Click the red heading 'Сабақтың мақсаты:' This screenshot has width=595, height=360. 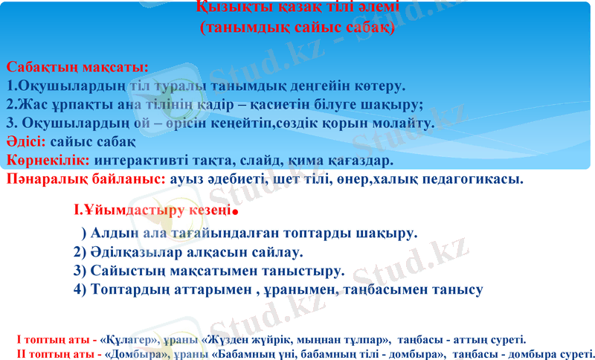point(77,68)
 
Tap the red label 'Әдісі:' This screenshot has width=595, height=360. point(27,141)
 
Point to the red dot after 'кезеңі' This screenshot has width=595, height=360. point(234,212)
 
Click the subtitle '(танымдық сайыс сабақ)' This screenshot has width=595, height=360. point(297,30)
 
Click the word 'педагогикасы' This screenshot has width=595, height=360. point(477,179)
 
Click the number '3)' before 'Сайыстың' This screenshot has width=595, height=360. point(81,270)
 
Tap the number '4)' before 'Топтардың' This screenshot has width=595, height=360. point(81,289)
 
